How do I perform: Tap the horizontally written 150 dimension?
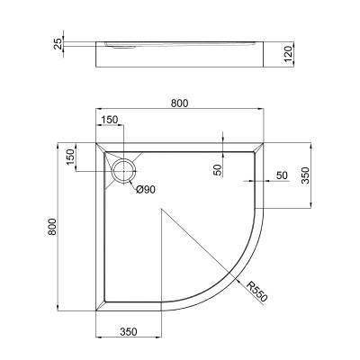pyautogui.click(x=108, y=121)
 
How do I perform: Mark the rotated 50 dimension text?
pyautogui.click(x=217, y=170)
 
